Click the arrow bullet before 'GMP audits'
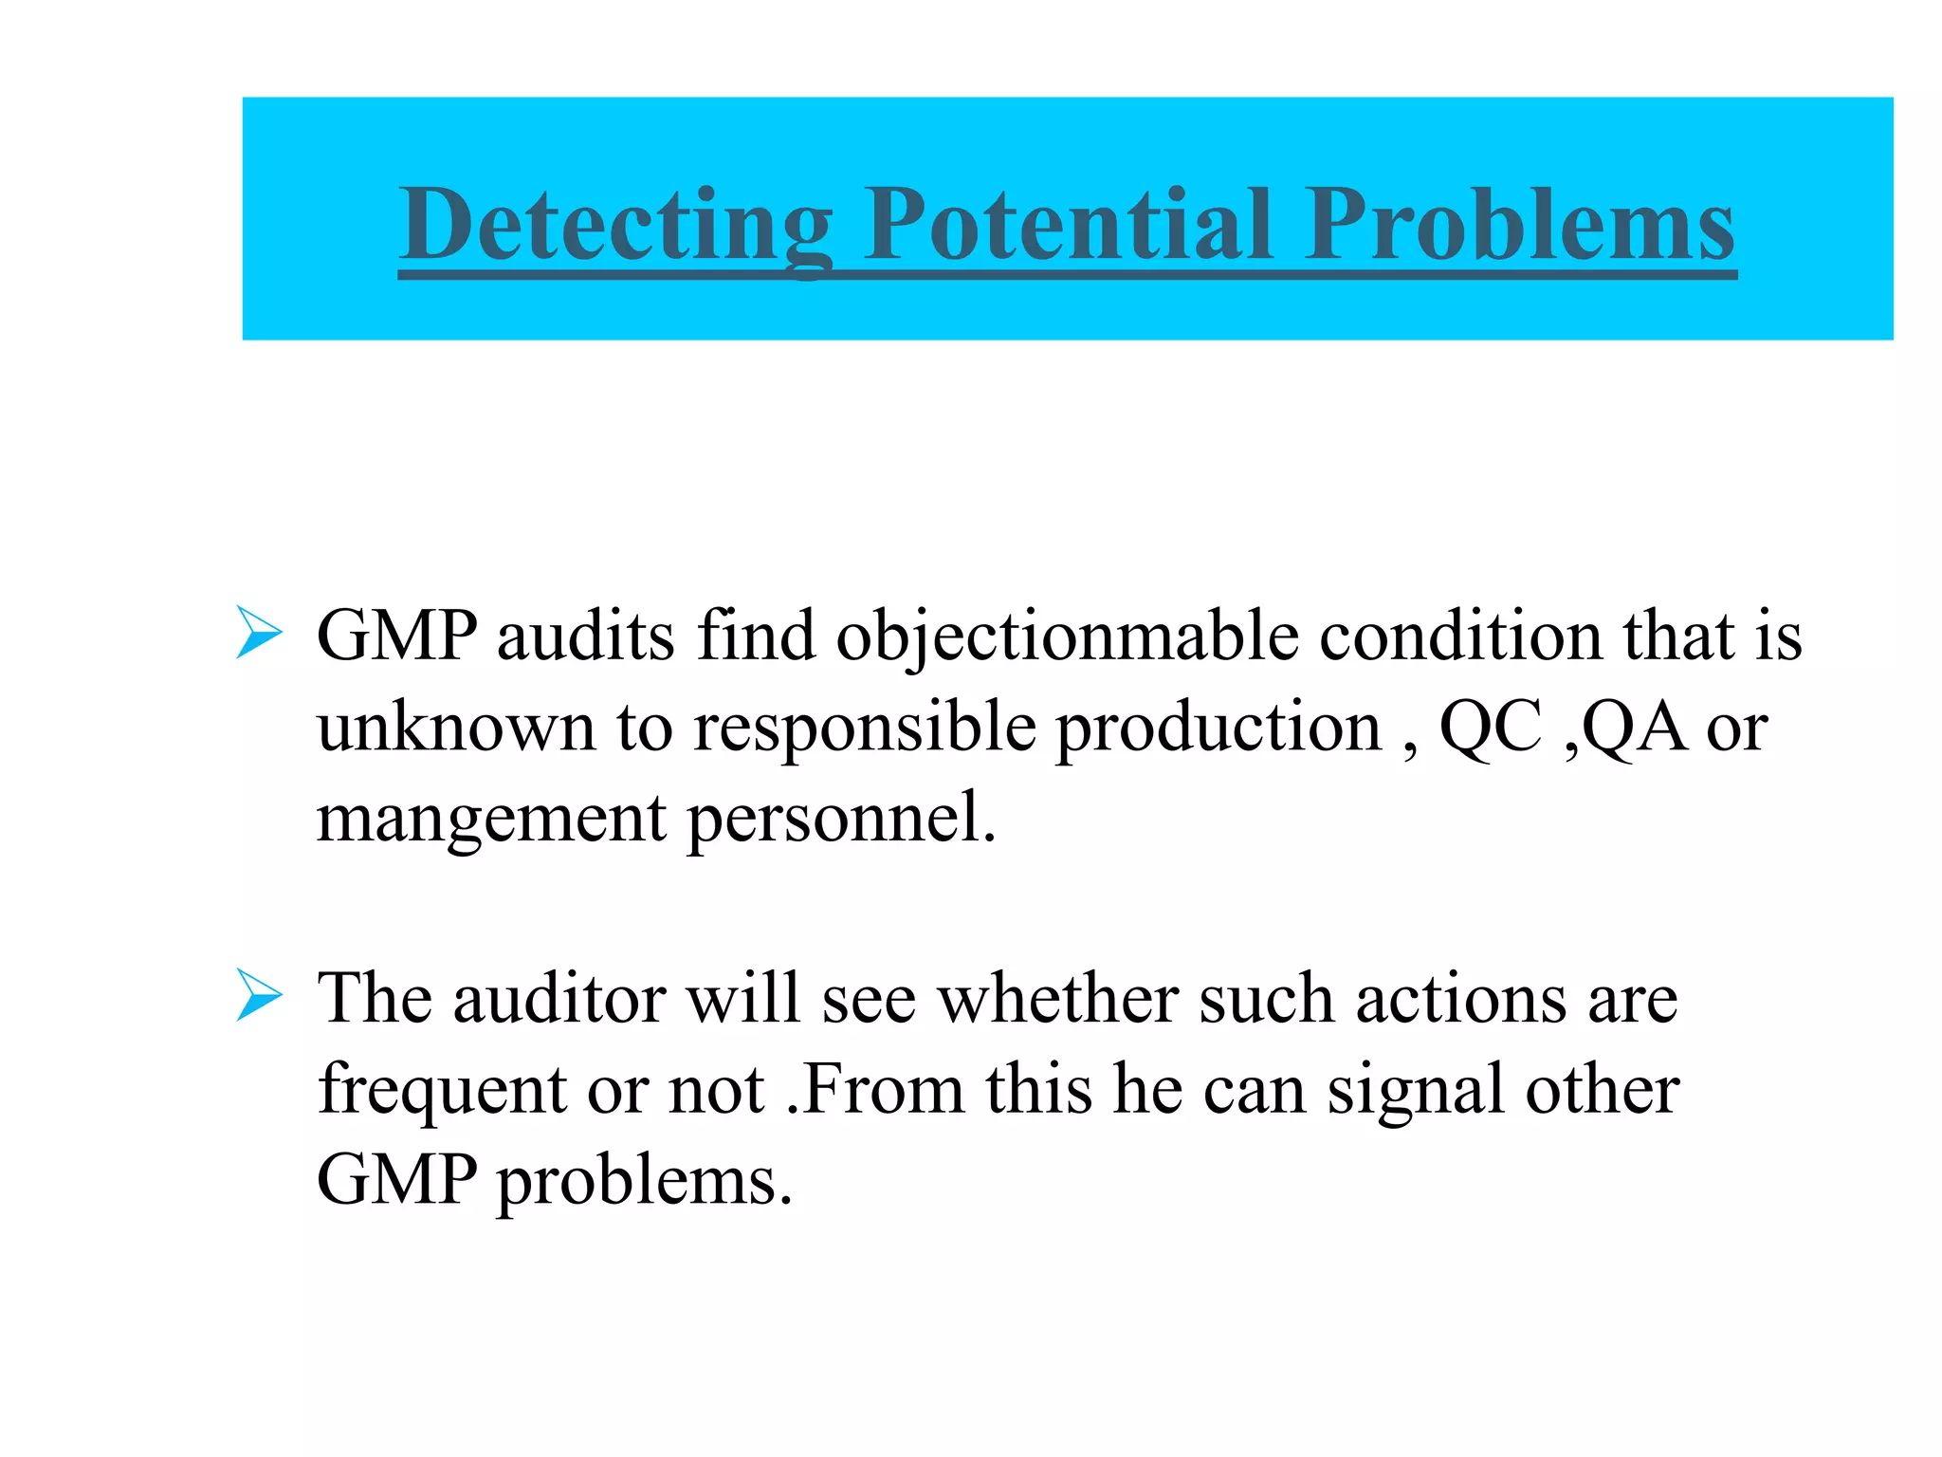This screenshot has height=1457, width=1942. click(x=259, y=633)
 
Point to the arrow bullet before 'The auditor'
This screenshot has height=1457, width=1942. click(x=259, y=995)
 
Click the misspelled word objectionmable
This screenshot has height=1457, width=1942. click(x=1066, y=636)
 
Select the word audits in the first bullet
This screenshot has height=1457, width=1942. click(x=585, y=635)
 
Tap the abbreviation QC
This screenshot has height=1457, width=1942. click(x=1490, y=728)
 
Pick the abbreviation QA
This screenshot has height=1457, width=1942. click(x=1634, y=728)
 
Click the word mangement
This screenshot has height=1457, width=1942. click(x=491, y=819)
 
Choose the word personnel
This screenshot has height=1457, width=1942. click(x=840, y=819)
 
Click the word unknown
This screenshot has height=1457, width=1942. click(x=456, y=728)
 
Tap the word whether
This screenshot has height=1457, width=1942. click(x=1056, y=999)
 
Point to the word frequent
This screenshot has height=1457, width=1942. click(x=442, y=1090)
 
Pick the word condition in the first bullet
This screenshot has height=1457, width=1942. click(x=1460, y=635)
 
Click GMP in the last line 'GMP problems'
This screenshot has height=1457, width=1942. click(x=396, y=1180)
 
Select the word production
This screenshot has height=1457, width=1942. click(x=1218, y=728)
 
